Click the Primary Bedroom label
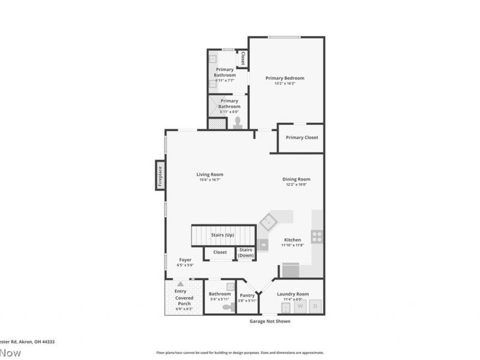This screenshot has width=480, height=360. [285, 78]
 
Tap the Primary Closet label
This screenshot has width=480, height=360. [302, 137]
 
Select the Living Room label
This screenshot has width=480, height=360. [210, 175]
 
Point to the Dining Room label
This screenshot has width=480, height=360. [296, 179]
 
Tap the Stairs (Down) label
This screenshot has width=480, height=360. [246, 252]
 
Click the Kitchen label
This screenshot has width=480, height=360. [292, 240]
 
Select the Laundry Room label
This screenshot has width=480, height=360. [293, 293]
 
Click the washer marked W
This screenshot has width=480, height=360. [301, 307]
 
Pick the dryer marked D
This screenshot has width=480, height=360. [316, 307]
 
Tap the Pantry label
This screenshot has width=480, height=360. [247, 295]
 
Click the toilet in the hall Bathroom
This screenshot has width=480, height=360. [227, 307]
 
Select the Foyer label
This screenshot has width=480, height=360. [185, 260]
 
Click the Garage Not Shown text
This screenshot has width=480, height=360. [269, 321]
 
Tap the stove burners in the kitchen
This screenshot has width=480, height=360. [316, 236]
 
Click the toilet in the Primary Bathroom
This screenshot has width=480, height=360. [238, 123]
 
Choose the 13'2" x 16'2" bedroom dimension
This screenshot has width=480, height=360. [285, 83]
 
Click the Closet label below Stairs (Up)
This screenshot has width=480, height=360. [220, 252]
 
